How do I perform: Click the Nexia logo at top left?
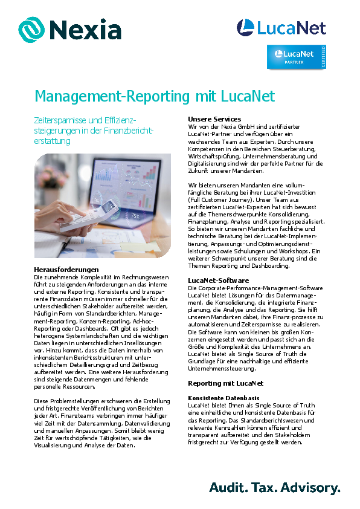[x=69, y=28]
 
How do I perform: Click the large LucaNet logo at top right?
[x=281, y=27]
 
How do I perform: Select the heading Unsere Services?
[x=214, y=119]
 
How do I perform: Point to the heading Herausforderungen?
[x=66, y=268]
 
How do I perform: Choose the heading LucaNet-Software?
[x=218, y=280]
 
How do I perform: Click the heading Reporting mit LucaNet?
[x=225, y=383]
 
